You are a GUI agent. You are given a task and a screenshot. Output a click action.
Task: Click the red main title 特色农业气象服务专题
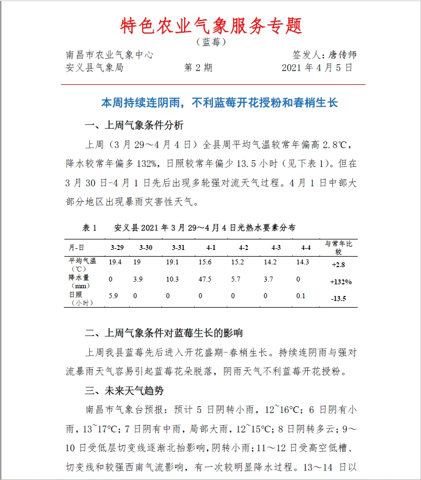[211, 25]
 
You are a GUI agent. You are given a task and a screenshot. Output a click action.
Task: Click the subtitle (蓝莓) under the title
[211, 42]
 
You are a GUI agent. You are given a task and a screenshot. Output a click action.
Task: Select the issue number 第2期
[198, 68]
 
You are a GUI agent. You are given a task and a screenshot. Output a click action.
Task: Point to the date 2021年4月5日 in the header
[317, 68]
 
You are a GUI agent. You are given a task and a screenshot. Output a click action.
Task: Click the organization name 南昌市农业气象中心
[110, 54]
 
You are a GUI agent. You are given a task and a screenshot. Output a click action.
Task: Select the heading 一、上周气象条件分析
[134, 125]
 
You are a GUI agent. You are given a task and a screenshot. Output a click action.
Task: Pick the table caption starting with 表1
[189, 228]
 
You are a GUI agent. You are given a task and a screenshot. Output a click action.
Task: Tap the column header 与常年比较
[338, 247]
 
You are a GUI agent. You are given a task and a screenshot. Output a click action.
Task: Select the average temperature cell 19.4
[115, 262]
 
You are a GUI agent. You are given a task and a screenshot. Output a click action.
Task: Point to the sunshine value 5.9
[113, 295]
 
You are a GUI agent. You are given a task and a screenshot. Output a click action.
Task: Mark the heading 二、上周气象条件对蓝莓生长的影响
[164, 333]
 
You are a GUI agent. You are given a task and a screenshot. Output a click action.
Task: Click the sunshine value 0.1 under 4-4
[301, 295]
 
